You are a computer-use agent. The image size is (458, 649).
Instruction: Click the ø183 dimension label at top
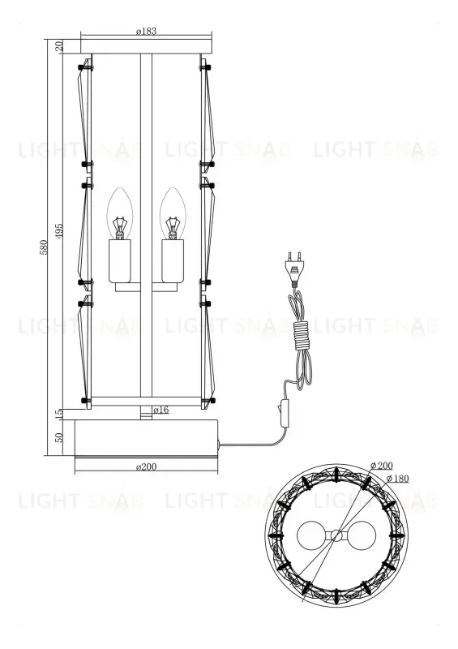(x=147, y=31)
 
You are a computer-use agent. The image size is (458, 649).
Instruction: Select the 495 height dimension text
(x=59, y=230)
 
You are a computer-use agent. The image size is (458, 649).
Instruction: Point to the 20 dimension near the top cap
(x=59, y=46)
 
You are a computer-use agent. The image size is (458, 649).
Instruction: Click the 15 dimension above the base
(x=59, y=414)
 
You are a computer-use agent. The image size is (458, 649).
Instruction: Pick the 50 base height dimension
(x=59, y=438)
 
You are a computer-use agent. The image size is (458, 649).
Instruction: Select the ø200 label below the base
(x=147, y=468)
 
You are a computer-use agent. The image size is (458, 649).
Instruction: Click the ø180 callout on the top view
(x=396, y=479)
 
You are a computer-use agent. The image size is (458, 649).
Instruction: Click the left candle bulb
(x=121, y=213)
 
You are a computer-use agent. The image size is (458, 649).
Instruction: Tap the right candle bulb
(x=171, y=213)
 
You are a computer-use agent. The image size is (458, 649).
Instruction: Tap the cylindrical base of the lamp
(x=147, y=438)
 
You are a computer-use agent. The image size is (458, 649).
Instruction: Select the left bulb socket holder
(x=121, y=259)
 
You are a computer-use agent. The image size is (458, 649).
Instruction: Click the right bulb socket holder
(x=172, y=259)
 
